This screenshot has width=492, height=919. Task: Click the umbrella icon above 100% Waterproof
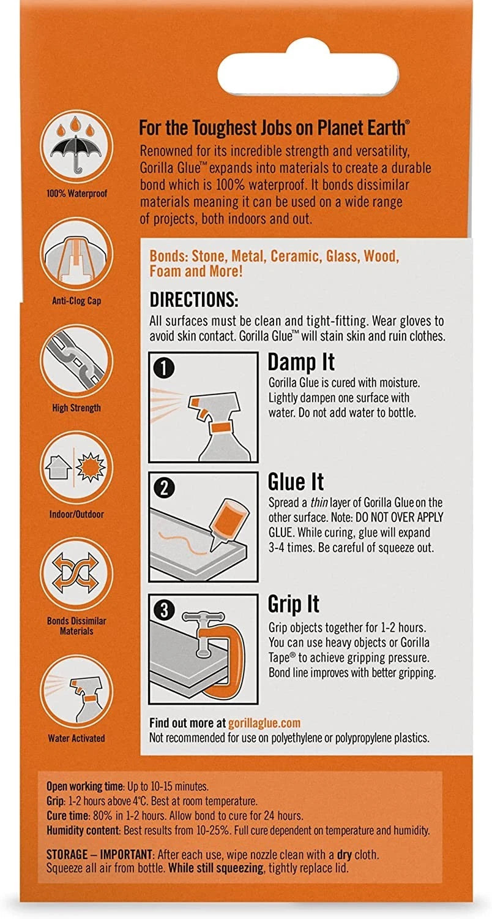76,152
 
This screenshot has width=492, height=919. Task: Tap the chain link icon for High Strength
76,361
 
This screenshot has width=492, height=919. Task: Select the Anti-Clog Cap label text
76,301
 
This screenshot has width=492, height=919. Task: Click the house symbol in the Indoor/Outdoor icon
58,467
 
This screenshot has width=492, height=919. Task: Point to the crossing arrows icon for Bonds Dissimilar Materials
76,572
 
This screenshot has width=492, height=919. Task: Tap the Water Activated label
76,738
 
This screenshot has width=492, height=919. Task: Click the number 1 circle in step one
164,368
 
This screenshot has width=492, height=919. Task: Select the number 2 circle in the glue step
164,488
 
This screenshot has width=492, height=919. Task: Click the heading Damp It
301,363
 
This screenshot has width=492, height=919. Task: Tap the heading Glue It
296,482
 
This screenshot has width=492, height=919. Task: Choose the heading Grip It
293,604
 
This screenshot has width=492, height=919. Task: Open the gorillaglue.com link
264,722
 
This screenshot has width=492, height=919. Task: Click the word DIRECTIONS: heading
194,300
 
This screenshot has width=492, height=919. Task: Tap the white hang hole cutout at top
308,73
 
